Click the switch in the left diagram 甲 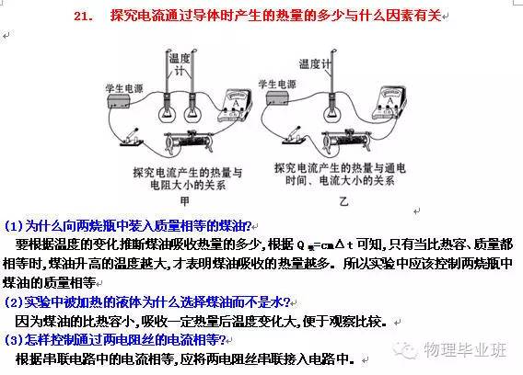[x=129, y=139]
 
